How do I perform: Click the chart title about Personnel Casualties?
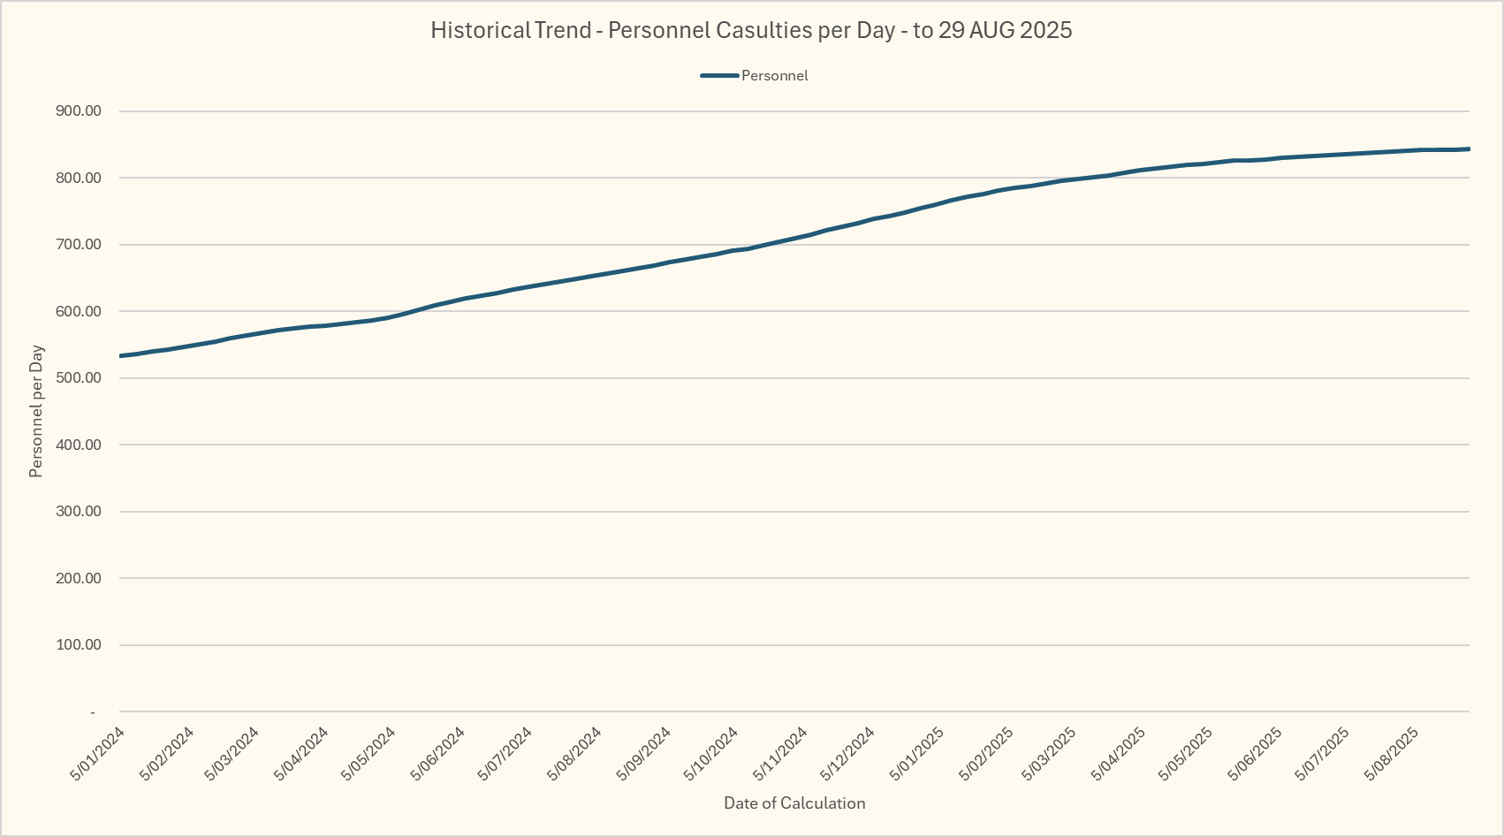click(x=751, y=30)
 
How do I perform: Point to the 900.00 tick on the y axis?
click(x=79, y=111)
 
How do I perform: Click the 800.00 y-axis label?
click(x=79, y=178)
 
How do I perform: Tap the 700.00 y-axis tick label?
click(x=79, y=245)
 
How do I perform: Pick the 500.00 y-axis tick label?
click(x=79, y=378)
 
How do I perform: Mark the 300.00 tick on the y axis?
click(x=79, y=512)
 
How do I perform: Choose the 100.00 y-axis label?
click(x=79, y=645)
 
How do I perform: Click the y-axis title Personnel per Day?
click(x=36, y=411)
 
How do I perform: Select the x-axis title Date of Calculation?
click(x=794, y=803)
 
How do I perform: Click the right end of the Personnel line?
click(x=1468, y=149)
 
